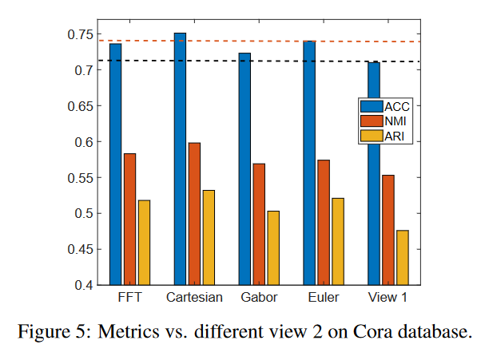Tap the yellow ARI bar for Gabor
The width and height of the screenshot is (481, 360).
(x=273, y=247)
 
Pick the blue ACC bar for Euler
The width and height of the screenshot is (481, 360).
(x=309, y=163)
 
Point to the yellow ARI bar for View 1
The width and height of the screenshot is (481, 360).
(x=403, y=257)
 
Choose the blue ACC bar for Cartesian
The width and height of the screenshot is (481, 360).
(x=180, y=159)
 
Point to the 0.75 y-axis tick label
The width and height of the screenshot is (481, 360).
(x=82, y=34)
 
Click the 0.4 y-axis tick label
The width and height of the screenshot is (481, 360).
(x=87, y=285)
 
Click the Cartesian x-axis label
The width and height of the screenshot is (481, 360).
(x=194, y=298)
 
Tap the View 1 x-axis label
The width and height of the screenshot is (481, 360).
(x=388, y=298)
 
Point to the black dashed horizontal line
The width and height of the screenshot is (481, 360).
(x=240, y=61)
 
